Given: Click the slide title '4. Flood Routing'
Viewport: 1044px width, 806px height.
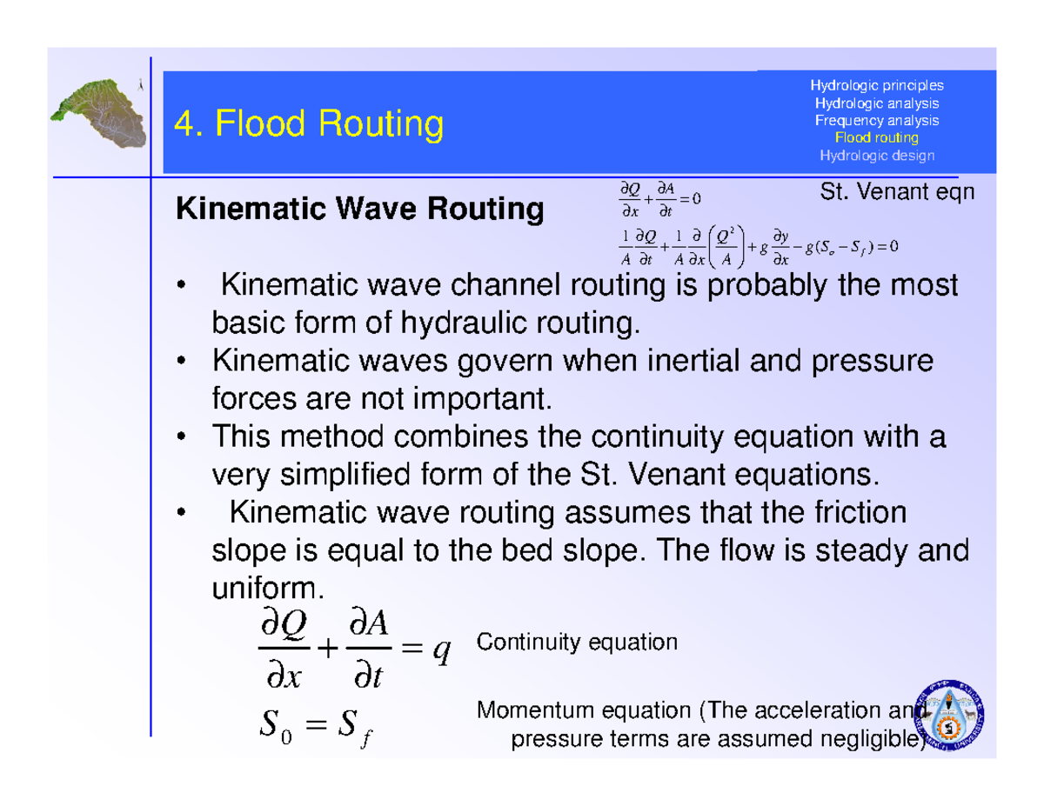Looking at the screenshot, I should click(x=309, y=124).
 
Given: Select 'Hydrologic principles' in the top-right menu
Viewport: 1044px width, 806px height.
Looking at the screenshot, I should click(x=876, y=85).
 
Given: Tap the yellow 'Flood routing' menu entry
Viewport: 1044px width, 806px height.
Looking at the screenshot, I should click(x=876, y=137).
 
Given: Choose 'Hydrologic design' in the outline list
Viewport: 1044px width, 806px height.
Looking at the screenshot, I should click(x=876, y=156).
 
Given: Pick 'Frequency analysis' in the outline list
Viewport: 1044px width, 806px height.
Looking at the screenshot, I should click(x=876, y=120).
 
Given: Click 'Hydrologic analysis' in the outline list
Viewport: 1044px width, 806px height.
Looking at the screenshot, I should click(x=876, y=103).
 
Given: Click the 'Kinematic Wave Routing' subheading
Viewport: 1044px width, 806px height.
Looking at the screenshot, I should click(x=359, y=210).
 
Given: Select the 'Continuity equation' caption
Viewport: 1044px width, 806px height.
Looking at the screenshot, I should click(x=576, y=643).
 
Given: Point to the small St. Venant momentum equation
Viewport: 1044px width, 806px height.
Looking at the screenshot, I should click(x=754, y=247).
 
